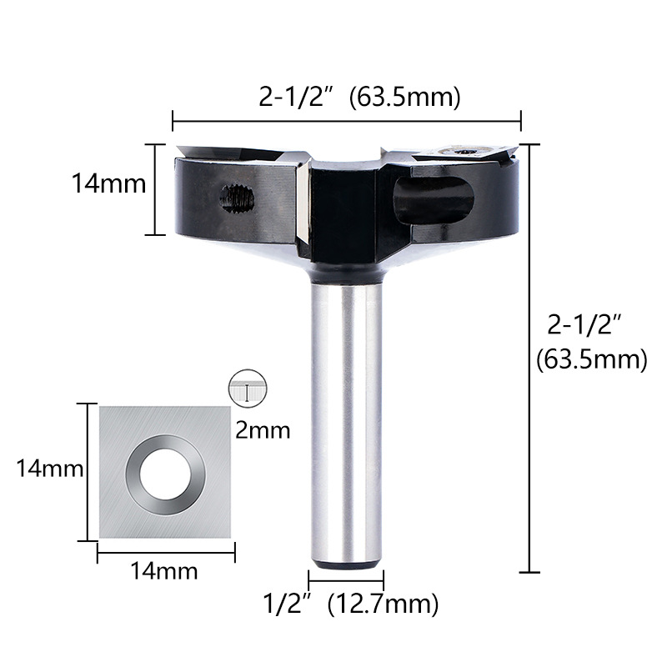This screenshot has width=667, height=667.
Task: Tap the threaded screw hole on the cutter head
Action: pyautogui.click(x=238, y=199)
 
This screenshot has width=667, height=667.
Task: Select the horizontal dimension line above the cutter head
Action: pyautogui.click(x=346, y=122)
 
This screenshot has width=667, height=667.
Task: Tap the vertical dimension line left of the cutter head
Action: pyautogui.click(x=156, y=189)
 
